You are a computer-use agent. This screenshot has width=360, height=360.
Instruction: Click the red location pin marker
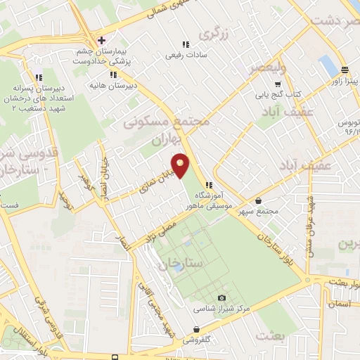181,167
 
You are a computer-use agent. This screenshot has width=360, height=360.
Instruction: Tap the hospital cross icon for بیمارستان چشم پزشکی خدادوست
102,39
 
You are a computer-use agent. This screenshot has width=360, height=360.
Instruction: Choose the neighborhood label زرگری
214,33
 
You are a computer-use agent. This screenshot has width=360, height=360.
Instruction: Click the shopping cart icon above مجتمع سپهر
259,200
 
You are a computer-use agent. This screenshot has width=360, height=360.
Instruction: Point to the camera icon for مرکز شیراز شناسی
222,298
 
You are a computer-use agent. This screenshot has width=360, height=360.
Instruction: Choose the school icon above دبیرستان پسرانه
39,77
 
